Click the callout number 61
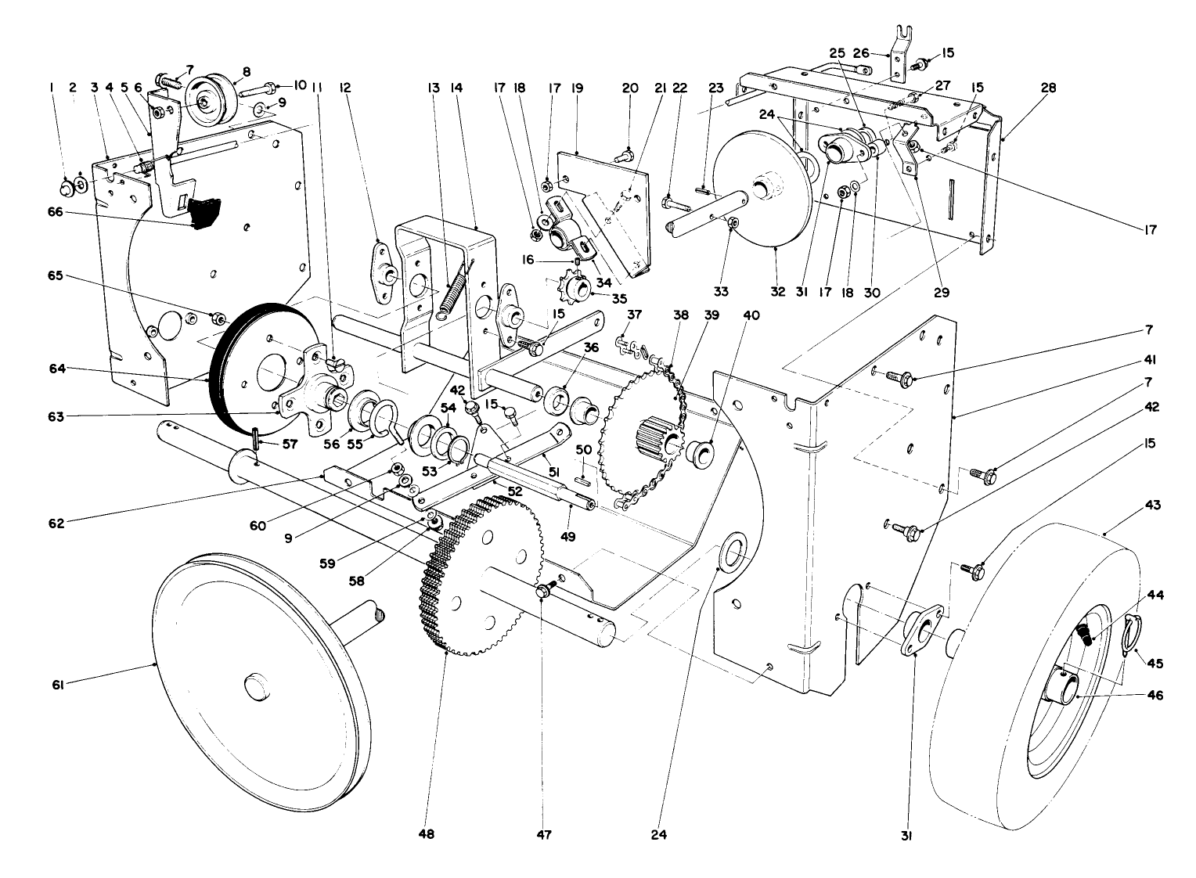coord(57,685)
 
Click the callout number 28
coord(1048,88)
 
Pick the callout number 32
coord(778,292)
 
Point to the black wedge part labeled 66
coord(205,213)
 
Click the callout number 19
coord(578,88)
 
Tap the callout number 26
coord(860,53)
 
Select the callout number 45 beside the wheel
coord(1155,663)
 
